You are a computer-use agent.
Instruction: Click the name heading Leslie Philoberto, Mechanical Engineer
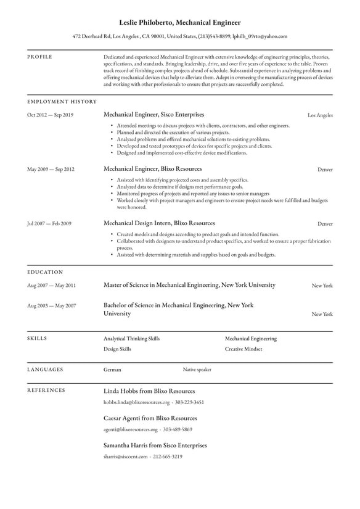point(180,22)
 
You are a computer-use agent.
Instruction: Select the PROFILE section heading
point(40,57)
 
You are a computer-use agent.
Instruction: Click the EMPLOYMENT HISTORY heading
point(62,101)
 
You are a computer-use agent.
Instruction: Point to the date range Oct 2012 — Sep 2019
point(50,115)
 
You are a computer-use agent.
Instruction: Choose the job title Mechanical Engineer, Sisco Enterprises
point(153,115)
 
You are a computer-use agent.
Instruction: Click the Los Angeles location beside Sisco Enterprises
point(320,115)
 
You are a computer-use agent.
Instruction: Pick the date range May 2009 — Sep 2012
point(51,169)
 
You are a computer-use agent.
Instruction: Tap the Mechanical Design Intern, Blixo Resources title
point(159,223)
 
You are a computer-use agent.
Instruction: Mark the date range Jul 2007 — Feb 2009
point(49,223)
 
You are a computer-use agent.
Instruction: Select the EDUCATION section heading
point(45,271)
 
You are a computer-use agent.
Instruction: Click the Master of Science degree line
point(189,285)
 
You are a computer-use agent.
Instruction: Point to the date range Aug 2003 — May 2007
point(51,305)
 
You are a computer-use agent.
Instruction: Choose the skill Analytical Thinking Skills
point(131,339)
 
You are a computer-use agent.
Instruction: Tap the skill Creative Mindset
point(243,349)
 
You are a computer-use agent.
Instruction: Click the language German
point(112,370)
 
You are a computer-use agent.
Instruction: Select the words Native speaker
point(197,370)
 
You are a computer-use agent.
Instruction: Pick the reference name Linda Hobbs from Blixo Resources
point(149,391)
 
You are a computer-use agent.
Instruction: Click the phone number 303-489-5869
point(179,429)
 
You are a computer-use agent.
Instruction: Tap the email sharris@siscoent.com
point(126,457)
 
